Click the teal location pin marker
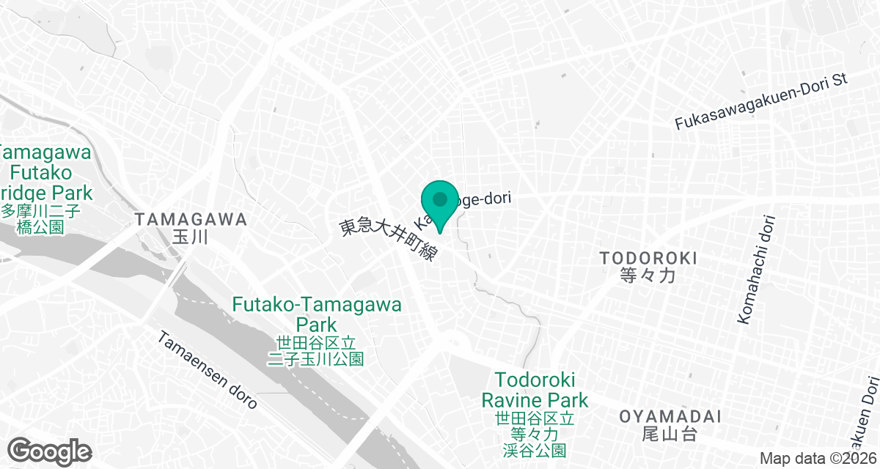click(439, 205)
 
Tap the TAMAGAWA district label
click(191, 219)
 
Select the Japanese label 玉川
click(191, 237)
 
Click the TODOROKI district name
click(648, 258)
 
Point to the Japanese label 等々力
click(648, 276)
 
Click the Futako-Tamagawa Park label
click(317, 314)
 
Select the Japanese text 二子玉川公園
click(317, 359)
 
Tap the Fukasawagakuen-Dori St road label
click(760, 102)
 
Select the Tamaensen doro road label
click(207, 370)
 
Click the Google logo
click(50, 451)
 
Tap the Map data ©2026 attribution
click(815, 458)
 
